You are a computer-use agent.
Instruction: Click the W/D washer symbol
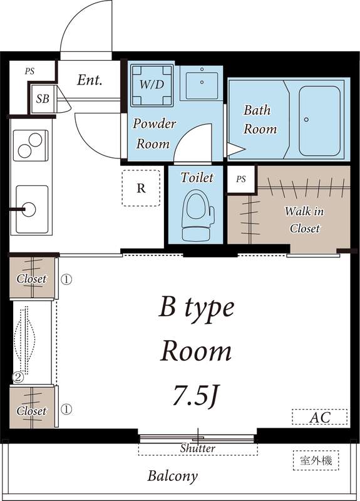(152, 83)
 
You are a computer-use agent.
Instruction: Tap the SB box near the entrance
(43, 99)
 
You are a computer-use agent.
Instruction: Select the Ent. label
(90, 80)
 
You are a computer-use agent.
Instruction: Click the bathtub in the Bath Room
(319, 120)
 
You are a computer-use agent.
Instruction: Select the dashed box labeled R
(141, 188)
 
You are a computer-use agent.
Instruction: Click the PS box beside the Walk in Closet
(241, 179)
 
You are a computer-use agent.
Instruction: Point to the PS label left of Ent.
(29, 71)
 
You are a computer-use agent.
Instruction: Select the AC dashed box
(319, 416)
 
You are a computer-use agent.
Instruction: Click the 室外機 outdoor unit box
(316, 460)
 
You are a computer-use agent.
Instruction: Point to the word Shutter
(197, 448)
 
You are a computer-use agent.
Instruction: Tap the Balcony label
(172, 476)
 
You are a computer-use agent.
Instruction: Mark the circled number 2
(19, 377)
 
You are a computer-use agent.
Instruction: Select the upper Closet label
(31, 279)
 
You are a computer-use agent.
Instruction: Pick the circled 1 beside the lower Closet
(66, 410)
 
